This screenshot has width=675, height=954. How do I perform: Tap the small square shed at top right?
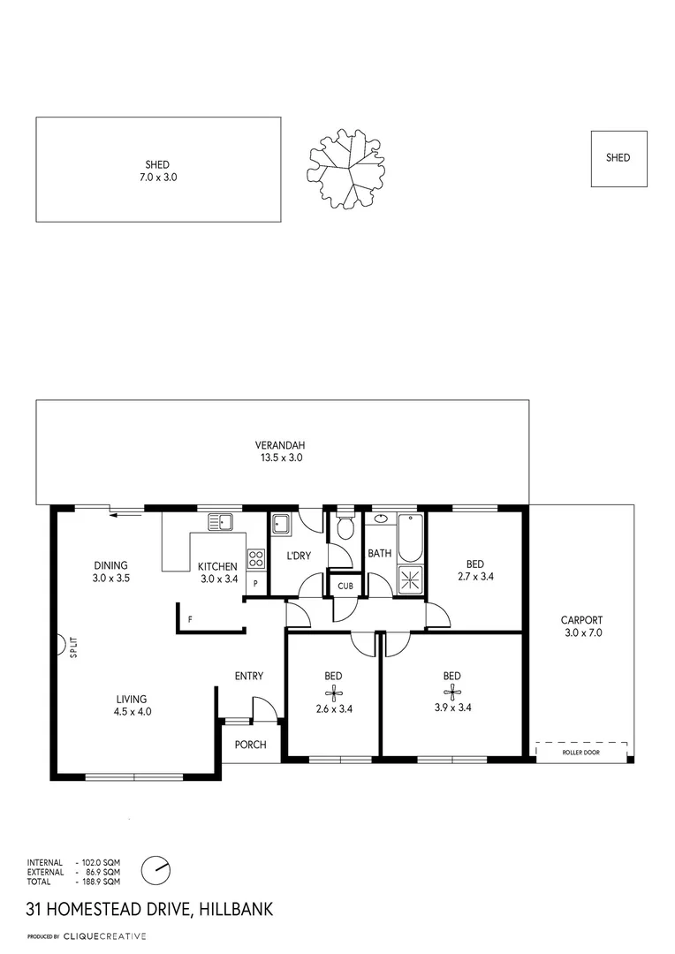point(618,158)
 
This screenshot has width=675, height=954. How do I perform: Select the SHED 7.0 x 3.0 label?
point(157,170)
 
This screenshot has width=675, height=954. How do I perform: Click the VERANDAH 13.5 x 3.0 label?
point(279,451)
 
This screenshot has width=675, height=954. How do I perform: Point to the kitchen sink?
point(220,522)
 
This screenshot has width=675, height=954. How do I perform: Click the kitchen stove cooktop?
point(256,558)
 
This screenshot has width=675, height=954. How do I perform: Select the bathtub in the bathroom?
point(410,538)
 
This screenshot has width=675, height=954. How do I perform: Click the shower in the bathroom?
point(410,579)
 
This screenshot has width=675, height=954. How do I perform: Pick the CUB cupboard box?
point(345,585)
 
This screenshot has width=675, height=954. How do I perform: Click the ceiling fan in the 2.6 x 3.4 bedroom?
point(332,692)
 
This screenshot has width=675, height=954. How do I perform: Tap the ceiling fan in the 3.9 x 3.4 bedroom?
point(451,692)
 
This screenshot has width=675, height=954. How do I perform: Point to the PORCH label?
point(250,745)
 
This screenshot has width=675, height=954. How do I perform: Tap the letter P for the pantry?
point(255,584)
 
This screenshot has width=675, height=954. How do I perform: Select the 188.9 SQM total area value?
point(101,882)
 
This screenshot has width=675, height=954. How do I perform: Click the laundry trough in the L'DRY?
point(281,525)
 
